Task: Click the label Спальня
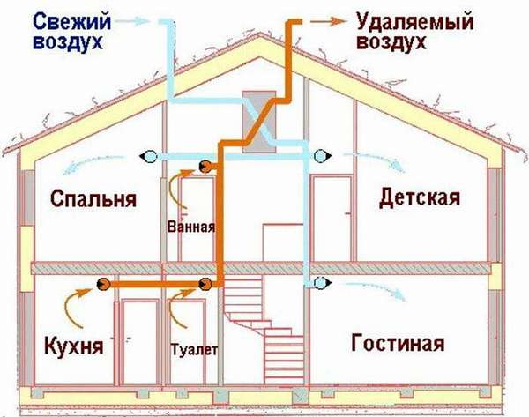click(x=93, y=199)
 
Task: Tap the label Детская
click(x=420, y=197)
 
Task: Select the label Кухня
click(x=74, y=346)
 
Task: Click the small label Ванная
click(x=191, y=227)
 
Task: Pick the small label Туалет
click(x=194, y=349)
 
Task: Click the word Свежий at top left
click(x=72, y=22)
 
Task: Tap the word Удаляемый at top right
click(x=415, y=22)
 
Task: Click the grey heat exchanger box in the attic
click(x=259, y=122)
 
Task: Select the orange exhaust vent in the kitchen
click(x=103, y=285)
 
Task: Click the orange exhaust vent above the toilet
click(x=205, y=285)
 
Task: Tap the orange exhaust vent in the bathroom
click(x=205, y=167)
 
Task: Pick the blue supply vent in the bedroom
click(x=149, y=156)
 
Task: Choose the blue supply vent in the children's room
click(x=322, y=156)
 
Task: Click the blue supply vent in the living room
click(x=322, y=283)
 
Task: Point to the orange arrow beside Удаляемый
click(x=328, y=21)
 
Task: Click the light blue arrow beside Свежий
click(x=132, y=21)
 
